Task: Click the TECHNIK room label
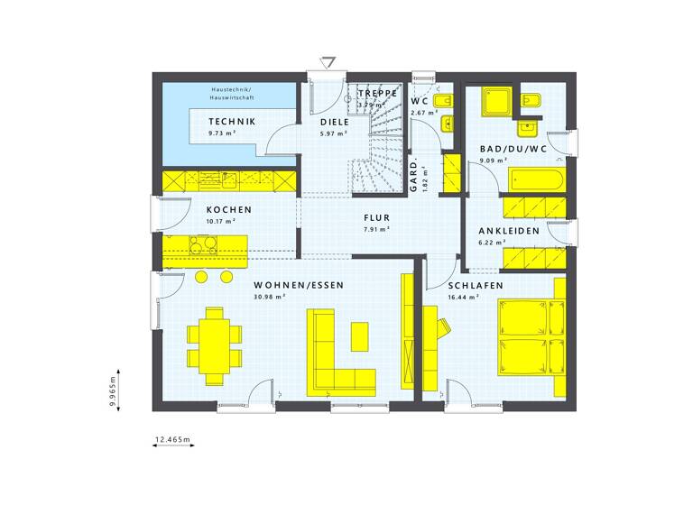pos(231,122)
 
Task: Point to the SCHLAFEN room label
pos(476,285)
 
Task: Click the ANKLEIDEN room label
pos(509,231)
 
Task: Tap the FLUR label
pos(376,217)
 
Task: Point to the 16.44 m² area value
pos(461,296)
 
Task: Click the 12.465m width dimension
pos(173,439)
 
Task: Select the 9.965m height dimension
pos(114,393)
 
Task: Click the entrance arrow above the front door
pos(328,62)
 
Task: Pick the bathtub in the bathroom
pos(537,179)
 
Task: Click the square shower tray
pos(494,102)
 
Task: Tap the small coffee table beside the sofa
pos(360,336)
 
